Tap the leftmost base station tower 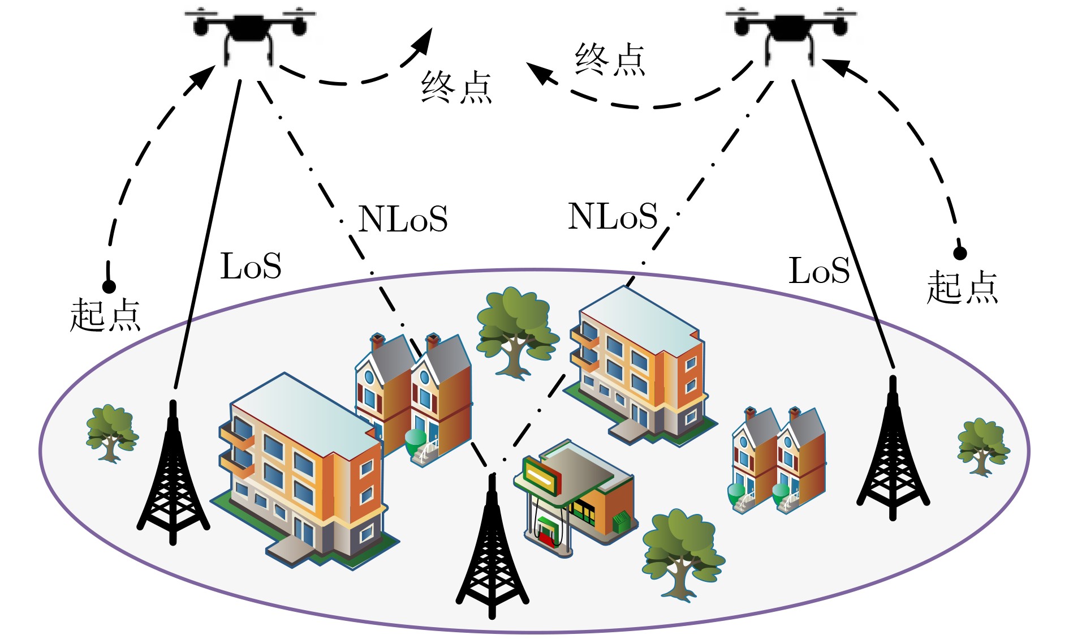(x=173, y=475)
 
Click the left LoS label (x=251, y=266)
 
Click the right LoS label (x=819, y=271)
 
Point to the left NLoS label (x=403, y=218)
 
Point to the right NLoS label (x=613, y=216)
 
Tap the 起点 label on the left (x=105, y=315)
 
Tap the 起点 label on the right (x=962, y=287)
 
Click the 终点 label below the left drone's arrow (x=456, y=87)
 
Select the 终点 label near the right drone (x=610, y=59)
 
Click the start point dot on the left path (x=109, y=286)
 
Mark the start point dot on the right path (x=960, y=253)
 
